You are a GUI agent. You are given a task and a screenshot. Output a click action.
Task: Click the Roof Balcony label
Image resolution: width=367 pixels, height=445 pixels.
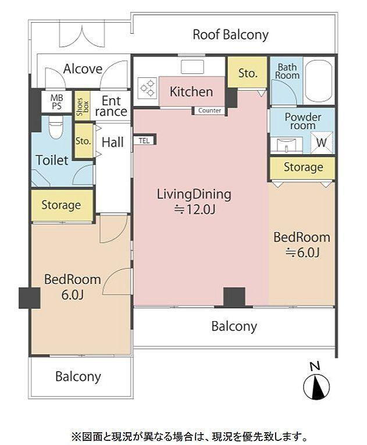click(230, 35)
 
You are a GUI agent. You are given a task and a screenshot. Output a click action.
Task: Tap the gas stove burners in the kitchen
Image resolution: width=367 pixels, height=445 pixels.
click(148, 87)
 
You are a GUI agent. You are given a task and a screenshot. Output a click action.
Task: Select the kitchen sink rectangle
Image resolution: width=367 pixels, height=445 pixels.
click(193, 67)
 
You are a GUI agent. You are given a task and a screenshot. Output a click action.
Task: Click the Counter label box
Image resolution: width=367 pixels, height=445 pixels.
click(209, 111)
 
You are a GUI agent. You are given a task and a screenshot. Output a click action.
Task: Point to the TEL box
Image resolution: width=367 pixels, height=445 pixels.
click(144, 141)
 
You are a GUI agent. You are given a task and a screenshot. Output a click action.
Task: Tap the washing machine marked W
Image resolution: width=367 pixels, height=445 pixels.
click(322, 142)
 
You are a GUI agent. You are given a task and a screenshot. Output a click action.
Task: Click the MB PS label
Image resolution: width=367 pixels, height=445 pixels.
click(57, 102)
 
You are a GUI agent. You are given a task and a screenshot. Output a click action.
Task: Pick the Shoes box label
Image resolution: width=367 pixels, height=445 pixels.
click(83, 106)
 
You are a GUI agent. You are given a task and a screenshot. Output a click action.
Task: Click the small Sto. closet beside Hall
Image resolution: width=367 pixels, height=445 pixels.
click(83, 141)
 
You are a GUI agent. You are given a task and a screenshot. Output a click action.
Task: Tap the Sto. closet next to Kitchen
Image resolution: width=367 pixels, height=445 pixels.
click(248, 73)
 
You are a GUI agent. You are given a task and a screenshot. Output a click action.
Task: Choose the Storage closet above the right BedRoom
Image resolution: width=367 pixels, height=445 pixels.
click(303, 167)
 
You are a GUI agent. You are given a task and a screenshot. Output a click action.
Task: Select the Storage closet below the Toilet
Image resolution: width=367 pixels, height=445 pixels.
click(62, 205)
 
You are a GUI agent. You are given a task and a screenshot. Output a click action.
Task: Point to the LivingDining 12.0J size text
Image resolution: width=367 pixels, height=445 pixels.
click(195, 210)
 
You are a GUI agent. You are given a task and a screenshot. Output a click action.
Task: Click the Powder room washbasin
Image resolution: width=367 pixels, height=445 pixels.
click(286, 145)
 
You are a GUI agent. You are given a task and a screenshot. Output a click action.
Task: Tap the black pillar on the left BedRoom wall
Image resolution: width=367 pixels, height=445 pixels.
click(30, 298)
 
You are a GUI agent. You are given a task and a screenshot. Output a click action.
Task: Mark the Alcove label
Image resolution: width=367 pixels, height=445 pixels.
click(83, 69)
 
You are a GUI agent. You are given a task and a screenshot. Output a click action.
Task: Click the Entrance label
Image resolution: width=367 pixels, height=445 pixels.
click(111, 106)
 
